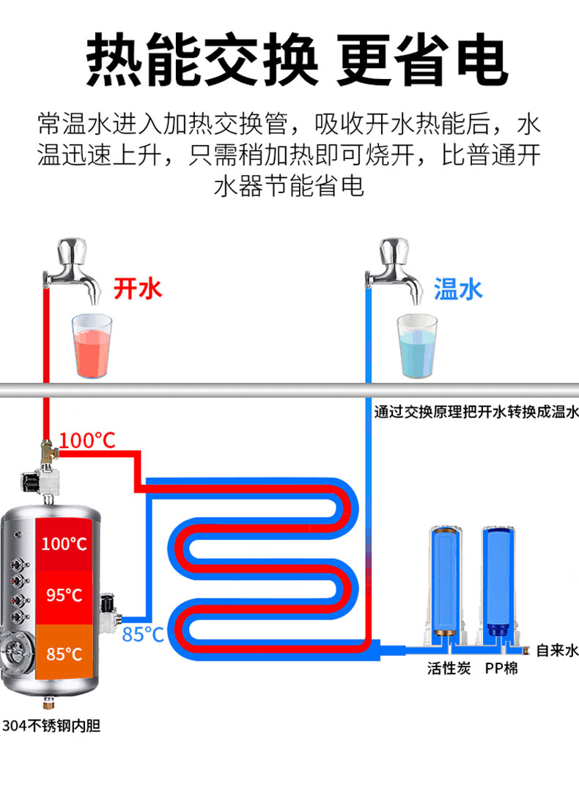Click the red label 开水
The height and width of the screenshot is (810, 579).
[137, 289]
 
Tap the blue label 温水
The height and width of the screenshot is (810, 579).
[459, 289]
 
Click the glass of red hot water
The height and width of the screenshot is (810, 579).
[92, 346]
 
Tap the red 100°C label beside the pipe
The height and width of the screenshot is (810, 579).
[87, 441]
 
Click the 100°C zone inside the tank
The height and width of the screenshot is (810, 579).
[64, 544]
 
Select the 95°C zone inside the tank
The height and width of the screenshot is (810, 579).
[64, 595]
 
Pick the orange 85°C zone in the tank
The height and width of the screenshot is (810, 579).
[64, 653]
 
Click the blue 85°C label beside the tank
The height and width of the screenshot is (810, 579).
[143, 634]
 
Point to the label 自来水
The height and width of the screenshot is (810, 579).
[557, 650]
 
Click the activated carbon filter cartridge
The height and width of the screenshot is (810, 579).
[445, 579]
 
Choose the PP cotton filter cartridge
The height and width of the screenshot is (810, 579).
[501, 579]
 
